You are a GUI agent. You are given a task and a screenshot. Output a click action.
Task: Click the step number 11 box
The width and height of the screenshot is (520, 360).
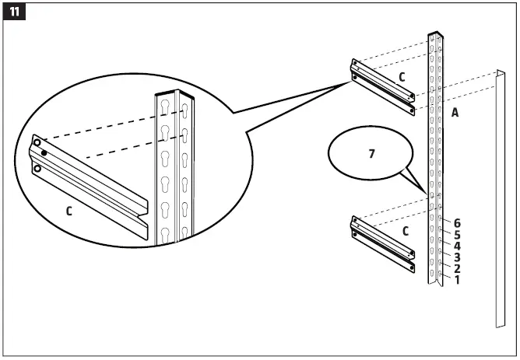(x=14, y=14)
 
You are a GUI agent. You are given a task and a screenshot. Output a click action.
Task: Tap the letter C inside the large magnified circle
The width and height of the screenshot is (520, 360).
(x=69, y=210)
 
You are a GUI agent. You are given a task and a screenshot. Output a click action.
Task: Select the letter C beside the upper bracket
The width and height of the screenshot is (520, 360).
(x=402, y=77)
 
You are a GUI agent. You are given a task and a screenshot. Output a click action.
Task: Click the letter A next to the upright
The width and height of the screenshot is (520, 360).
(x=455, y=112)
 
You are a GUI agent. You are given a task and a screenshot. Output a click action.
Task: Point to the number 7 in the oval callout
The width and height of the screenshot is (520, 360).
(x=371, y=154)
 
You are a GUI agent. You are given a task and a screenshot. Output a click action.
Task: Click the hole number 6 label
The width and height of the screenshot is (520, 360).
(x=457, y=223)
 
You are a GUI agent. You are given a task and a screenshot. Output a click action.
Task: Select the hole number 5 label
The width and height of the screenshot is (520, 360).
(x=457, y=234)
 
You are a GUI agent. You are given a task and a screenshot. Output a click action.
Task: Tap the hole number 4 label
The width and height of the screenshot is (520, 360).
(x=457, y=246)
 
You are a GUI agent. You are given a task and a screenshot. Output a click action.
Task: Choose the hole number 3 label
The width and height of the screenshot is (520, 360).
(x=457, y=257)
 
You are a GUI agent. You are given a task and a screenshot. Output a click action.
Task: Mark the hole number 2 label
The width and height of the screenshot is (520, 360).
(x=457, y=268)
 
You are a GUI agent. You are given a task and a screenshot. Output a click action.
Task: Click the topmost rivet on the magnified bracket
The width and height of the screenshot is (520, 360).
(x=37, y=142)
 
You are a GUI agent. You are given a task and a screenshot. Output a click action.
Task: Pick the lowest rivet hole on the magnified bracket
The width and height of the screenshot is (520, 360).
(x=37, y=167)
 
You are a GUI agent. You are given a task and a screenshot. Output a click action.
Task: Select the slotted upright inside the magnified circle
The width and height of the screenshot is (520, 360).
(x=175, y=171)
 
